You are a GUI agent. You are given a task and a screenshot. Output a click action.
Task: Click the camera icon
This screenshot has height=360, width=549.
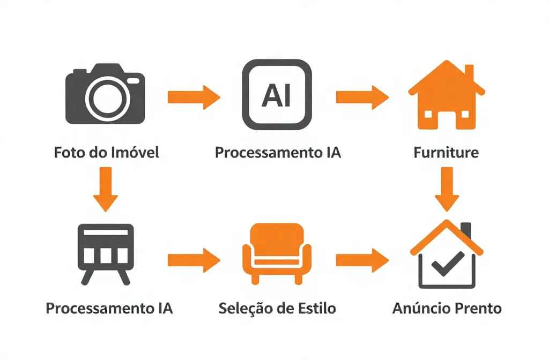tap(106, 93)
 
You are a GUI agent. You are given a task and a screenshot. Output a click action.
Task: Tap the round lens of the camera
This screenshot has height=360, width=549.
tap(105, 97)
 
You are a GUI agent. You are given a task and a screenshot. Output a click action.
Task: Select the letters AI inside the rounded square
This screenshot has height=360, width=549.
tap(277, 96)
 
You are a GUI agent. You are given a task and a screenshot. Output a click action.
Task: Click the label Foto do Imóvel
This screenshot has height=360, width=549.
tap(107, 153)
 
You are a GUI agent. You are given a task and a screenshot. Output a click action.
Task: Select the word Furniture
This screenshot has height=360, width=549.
tap(446, 153)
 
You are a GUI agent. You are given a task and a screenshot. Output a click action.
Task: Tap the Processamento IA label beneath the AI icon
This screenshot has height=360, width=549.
tap(278, 153)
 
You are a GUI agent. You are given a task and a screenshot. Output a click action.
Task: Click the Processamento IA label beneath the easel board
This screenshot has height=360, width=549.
tap(109, 309)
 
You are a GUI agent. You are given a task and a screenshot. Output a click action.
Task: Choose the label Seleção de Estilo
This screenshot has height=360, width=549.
tap(277, 309)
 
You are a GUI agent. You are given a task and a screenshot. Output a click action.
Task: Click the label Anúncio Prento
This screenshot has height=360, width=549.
tap(447, 309)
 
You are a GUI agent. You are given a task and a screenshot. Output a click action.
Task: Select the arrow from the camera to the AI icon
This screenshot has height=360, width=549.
tap(194, 97)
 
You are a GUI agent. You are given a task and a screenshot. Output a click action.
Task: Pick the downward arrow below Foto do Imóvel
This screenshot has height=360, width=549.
tap(106, 189)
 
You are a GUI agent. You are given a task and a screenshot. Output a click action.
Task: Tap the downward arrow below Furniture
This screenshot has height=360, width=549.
tap(446, 189)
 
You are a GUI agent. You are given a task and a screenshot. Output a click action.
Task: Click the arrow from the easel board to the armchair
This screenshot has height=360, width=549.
tap(194, 260)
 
